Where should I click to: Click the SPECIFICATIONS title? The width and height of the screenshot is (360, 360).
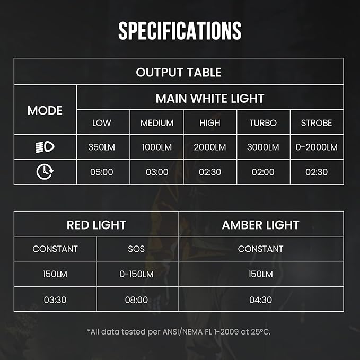pos(180,31)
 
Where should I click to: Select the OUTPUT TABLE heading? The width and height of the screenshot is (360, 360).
pos(179,72)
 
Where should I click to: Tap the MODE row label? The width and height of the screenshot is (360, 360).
pos(45,110)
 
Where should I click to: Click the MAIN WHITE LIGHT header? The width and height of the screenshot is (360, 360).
pos(210,98)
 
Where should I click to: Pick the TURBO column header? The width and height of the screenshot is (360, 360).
pos(263,123)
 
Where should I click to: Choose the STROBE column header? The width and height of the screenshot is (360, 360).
pos(317,123)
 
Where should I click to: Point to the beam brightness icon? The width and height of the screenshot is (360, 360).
pos(45,147)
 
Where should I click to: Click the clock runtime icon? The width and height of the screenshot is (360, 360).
pos(45,172)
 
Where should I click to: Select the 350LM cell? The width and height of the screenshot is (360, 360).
pos(102,147)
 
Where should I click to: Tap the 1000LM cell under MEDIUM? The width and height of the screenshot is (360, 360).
pos(157,147)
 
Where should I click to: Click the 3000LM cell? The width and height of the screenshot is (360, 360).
pos(263,147)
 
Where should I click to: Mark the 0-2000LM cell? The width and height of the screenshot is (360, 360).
pos(317,147)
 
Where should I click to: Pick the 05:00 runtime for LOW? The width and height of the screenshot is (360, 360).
pos(102,172)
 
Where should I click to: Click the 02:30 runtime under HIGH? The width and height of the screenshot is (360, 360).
pos(210,172)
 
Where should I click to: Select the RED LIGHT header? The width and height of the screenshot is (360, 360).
pos(96,225)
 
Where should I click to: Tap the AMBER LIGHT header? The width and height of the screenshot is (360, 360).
pos(260,225)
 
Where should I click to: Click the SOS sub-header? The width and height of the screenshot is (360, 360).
pos(136,249)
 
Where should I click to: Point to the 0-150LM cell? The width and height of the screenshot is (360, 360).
pos(136,274)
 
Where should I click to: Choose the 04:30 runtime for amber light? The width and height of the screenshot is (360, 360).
pos(260,300)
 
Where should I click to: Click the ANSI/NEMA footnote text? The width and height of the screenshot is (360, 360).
pos(180,332)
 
